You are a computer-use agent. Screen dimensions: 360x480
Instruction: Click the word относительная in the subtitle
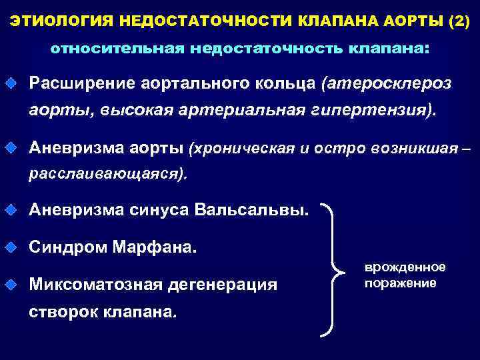pyautogui.click(x=116, y=49)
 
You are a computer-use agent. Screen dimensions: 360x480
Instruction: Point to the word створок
pyautogui.click(x=64, y=312)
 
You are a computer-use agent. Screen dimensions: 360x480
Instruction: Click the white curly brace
pyautogui.click(x=332, y=270)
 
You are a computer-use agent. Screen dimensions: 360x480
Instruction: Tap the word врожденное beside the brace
pyautogui.click(x=405, y=267)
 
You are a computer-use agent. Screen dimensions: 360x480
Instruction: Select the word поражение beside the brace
pyautogui.click(x=401, y=283)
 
